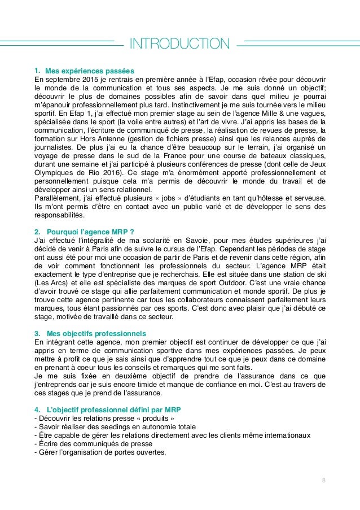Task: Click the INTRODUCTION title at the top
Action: (x=179, y=43)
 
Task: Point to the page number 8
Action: (x=323, y=481)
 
